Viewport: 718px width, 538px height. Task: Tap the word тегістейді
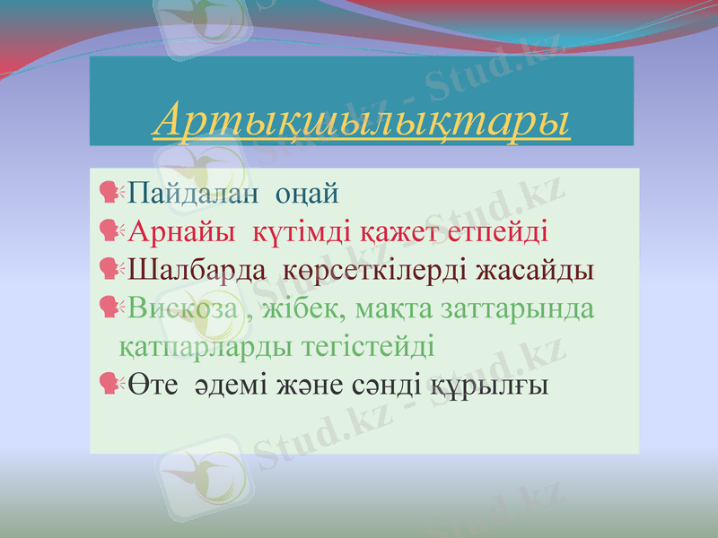[x=367, y=346]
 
